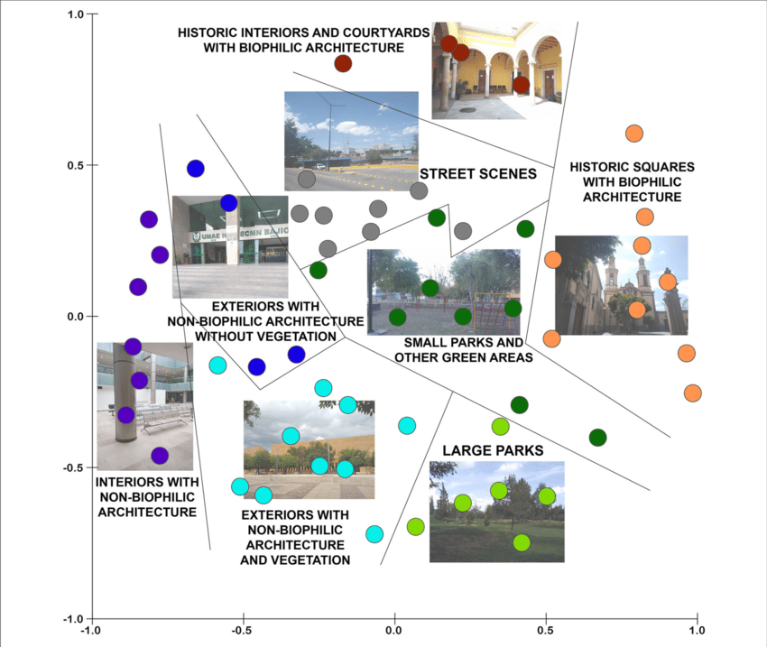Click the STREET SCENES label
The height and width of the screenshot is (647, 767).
pos(478,173)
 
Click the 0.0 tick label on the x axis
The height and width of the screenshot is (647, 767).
pos(394,631)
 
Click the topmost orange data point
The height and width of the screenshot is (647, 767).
pos(634,134)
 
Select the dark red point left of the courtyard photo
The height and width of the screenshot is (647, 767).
pos(343,63)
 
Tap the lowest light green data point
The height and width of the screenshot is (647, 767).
pos(522,542)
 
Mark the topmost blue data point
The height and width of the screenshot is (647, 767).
pos(196,169)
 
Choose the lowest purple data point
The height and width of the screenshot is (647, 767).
pos(160,456)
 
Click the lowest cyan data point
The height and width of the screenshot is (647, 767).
pos(374,534)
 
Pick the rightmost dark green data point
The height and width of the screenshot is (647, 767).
pos(597,438)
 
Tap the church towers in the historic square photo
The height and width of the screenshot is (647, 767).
pos(628,280)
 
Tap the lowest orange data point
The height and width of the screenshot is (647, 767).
pos(693,393)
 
